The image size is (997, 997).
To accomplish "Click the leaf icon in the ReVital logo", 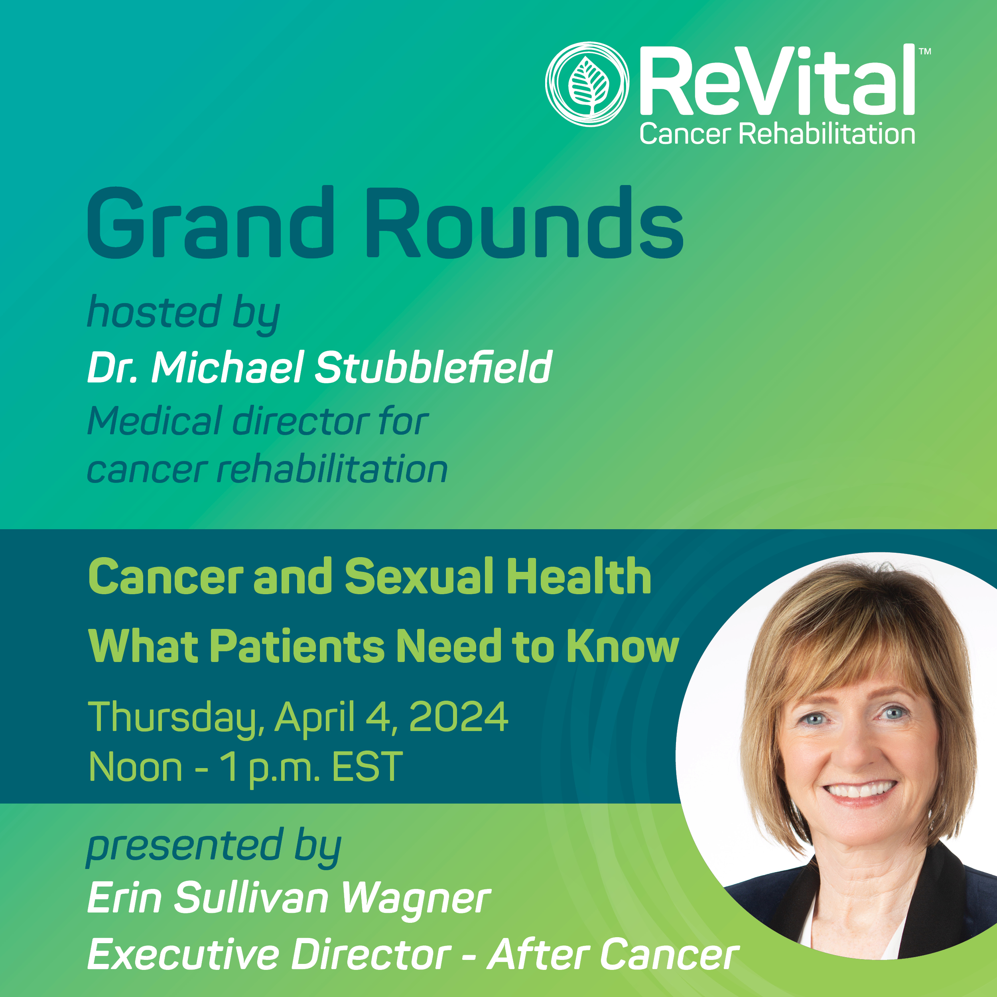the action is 588,85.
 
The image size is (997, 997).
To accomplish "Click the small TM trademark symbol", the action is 925,51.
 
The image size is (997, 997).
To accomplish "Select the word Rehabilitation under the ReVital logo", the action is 827,134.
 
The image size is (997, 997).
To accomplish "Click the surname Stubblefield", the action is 434,367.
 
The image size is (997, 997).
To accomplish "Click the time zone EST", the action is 367,767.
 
